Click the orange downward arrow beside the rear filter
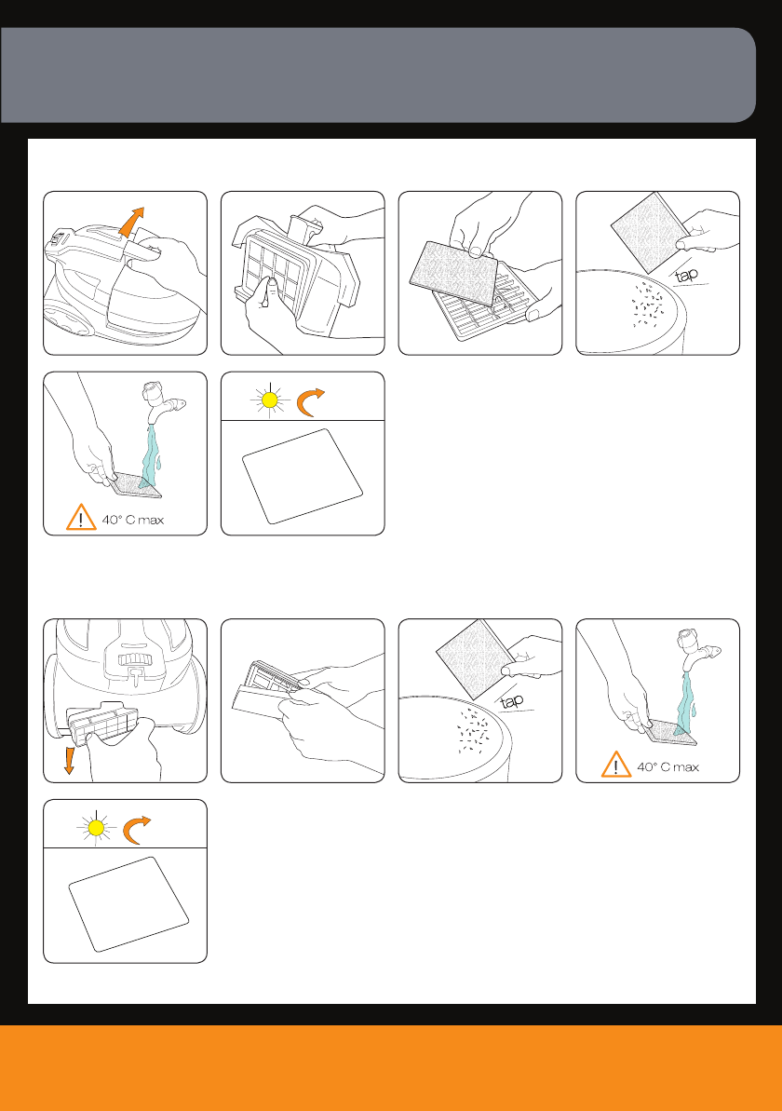(69, 758)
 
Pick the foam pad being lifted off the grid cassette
(453, 273)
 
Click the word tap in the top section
(686, 275)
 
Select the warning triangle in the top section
(81, 517)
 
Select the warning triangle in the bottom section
(616, 765)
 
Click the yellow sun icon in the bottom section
(97, 828)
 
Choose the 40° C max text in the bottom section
(668, 766)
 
